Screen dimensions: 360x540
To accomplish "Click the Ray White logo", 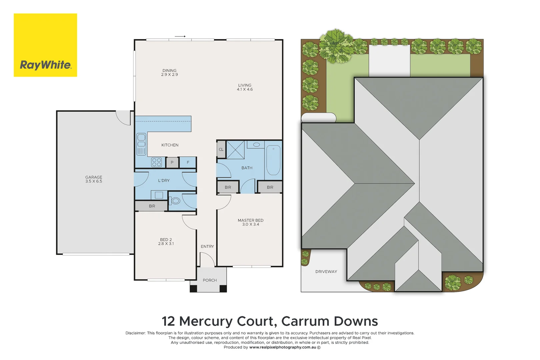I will (x=45, y=45).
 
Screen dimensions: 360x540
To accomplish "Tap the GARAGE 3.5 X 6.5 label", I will (x=94, y=179).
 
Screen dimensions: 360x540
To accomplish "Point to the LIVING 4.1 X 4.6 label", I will (x=245, y=87).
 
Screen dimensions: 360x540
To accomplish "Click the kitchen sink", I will (x=141, y=144).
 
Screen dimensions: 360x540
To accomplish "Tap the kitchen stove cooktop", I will (x=157, y=162).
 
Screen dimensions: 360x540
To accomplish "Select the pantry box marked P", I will (x=172, y=163).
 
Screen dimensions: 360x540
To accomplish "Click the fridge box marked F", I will (x=188, y=163).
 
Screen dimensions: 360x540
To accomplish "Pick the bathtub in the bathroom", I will (x=273, y=160).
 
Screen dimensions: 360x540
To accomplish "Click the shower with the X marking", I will (x=235, y=150).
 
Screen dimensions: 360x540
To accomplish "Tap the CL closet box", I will (x=221, y=150).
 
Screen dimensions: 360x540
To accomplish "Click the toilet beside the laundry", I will (x=175, y=201).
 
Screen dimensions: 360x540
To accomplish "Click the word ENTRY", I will (x=207, y=247).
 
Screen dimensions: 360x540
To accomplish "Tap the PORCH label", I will (x=210, y=280).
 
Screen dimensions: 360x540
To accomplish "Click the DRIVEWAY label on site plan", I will (x=326, y=272).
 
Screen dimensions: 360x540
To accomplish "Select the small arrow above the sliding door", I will (x=180, y=36).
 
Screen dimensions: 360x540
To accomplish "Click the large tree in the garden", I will (x=336, y=46).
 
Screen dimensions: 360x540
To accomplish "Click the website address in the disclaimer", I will (x=283, y=347).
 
